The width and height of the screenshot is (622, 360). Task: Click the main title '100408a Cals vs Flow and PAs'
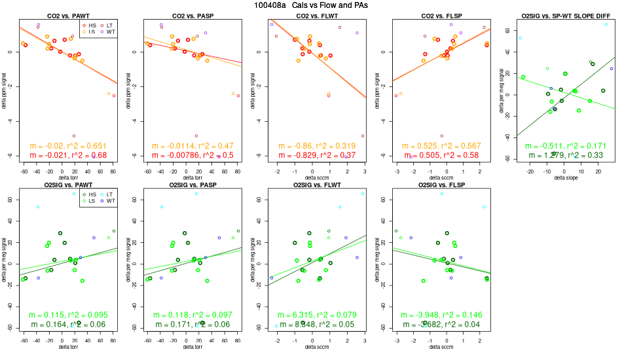(311, 5)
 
